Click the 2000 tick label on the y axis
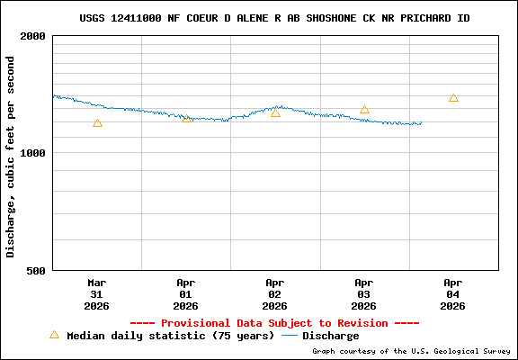coord(33,36)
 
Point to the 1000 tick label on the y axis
coord(33,153)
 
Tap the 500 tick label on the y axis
coord(37,270)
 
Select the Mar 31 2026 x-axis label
coord(97,293)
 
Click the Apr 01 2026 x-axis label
coord(186,293)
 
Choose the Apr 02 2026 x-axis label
coord(275,293)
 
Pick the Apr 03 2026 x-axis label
coord(364,293)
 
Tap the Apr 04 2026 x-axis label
coord(453,293)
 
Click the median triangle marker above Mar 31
coord(97,123)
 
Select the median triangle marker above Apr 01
coord(186,117)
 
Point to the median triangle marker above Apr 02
coord(275,112)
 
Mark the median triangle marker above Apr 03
coord(364,110)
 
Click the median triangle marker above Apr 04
coord(453,98)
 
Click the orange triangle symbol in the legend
coord(54,335)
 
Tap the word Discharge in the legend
coord(330,336)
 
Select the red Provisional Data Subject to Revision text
coord(274,323)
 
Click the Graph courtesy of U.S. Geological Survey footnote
coord(411,351)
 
